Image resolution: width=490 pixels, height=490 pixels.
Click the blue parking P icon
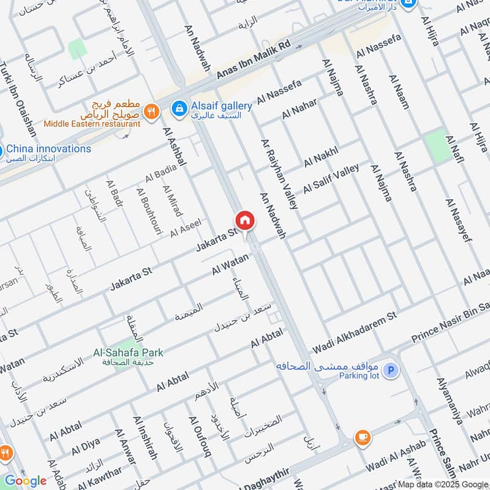pos(391,371)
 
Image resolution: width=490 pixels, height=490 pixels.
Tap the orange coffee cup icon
pos(363,437)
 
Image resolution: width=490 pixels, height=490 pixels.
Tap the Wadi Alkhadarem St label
pos(355,331)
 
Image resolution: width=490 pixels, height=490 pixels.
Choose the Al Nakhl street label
pos(321,154)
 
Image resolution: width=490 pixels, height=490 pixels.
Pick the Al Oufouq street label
pos(200,437)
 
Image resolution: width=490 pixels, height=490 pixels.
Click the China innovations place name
pos(48,149)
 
